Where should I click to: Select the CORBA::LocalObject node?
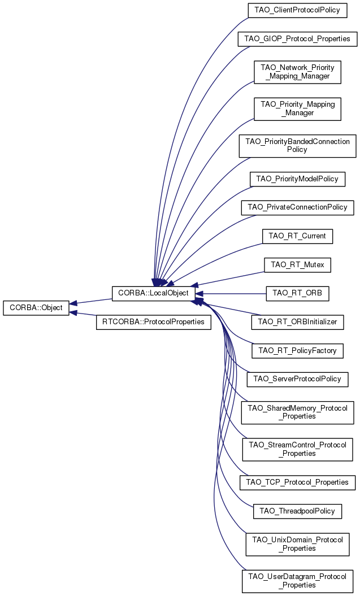click(154, 294)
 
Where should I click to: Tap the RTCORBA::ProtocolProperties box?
click(154, 323)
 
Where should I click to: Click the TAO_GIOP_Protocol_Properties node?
click(297, 39)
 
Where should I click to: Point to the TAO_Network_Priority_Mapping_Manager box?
click(297, 71)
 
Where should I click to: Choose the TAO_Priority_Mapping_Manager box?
click(297, 108)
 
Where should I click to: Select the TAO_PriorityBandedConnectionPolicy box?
click(297, 145)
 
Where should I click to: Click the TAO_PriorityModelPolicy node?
click(297, 179)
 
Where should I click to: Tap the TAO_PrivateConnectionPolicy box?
click(297, 207)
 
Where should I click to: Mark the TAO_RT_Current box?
click(297, 236)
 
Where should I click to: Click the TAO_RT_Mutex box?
click(297, 264)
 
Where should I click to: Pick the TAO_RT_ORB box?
click(297, 293)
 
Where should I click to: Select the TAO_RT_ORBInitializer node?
click(297, 322)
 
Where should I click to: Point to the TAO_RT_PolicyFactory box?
click(297, 350)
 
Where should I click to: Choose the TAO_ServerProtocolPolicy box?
click(297, 379)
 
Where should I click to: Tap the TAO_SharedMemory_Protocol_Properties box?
click(297, 412)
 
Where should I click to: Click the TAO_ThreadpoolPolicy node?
click(297, 511)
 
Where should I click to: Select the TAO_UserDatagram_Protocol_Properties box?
click(297, 581)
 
